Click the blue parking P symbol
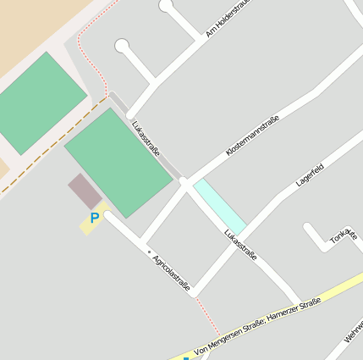point(95,218)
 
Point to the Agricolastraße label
point(171,272)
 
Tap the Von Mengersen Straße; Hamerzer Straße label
point(257,326)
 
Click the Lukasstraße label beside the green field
point(146,137)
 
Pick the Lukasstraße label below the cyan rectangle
point(240,244)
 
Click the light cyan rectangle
point(219,206)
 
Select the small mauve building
point(85,191)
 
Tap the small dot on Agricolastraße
point(149,252)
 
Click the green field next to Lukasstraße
point(118,161)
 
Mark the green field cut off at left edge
point(38,102)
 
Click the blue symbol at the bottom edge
point(186,357)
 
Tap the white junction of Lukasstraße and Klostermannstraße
point(184,181)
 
